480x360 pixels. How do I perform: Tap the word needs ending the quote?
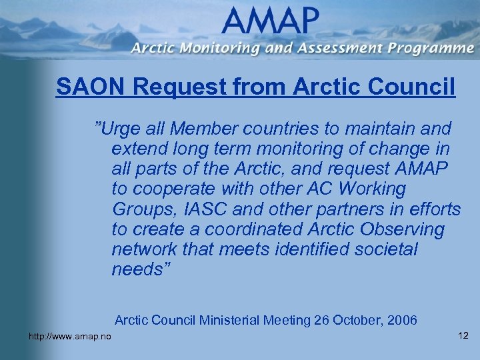coord(141,270)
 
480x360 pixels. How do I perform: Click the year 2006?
coord(401,320)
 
